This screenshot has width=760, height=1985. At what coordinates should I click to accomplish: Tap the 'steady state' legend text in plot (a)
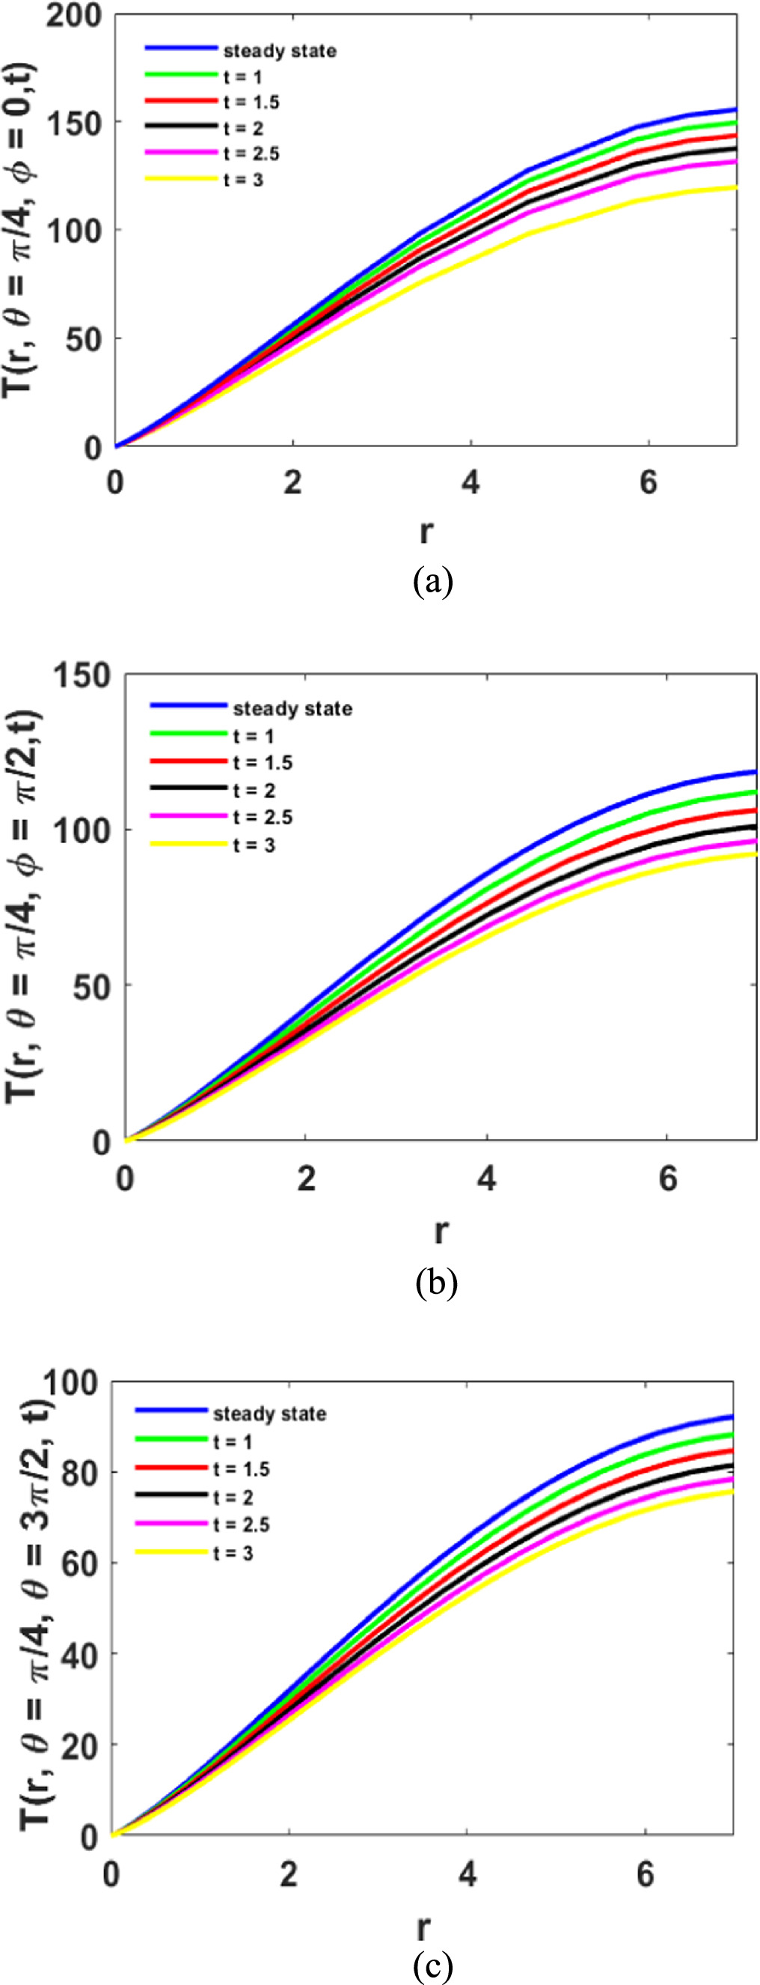[x=280, y=52]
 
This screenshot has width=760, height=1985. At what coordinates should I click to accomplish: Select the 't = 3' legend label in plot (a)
[x=243, y=180]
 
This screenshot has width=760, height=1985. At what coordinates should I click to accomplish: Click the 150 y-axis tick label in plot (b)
[x=82, y=676]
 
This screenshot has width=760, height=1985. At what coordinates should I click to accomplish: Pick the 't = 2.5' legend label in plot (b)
[x=263, y=818]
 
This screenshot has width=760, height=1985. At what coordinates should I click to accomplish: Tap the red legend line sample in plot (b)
[x=189, y=762]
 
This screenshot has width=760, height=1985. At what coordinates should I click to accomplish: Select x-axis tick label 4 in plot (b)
[x=487, y=1179]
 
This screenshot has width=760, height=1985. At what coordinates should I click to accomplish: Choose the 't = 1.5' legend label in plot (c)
[x=241, y=1470]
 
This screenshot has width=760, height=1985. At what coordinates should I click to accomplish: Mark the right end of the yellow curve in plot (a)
[x=735, y=187]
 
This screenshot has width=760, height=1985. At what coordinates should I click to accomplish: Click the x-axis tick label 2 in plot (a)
[x=292, y=483]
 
